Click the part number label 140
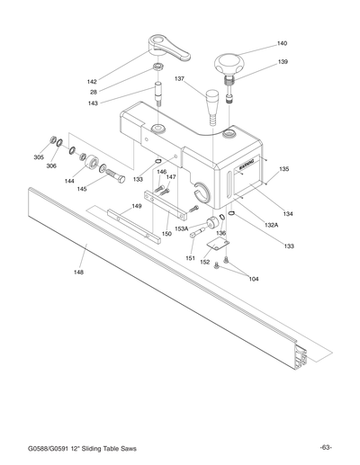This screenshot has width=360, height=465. (x=282, y=43)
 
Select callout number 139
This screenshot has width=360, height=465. (x=282, y=62)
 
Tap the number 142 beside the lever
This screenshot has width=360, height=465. (x=117, y=82)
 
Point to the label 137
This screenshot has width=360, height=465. (x=179, y=79)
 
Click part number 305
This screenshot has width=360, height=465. (x=39, y=157)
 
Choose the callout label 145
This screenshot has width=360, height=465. (x=82, y=189)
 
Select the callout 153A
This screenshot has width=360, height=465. (x=181, y=228)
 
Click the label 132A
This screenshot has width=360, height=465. (x=271, y=224)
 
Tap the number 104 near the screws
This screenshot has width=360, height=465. (x=254, y=279)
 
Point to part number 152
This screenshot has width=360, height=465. (x=204, y=262)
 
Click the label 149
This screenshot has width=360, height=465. (x=137, y=206)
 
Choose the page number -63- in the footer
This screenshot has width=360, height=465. (x=325, y=447)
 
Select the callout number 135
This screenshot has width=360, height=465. (x=283, y=169)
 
